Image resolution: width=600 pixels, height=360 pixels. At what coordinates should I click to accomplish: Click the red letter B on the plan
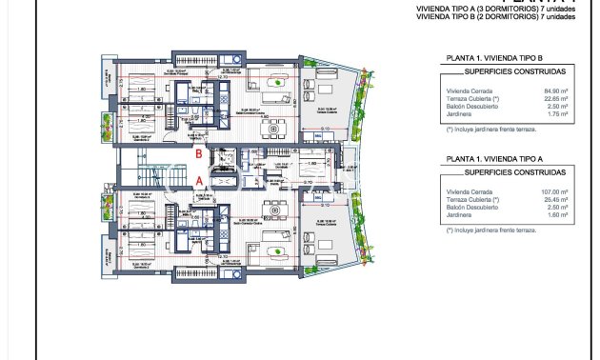pyautogui.click(x=197, y=152)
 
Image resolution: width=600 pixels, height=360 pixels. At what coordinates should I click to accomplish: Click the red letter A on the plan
pyautogui.click(x=197, y=178)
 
